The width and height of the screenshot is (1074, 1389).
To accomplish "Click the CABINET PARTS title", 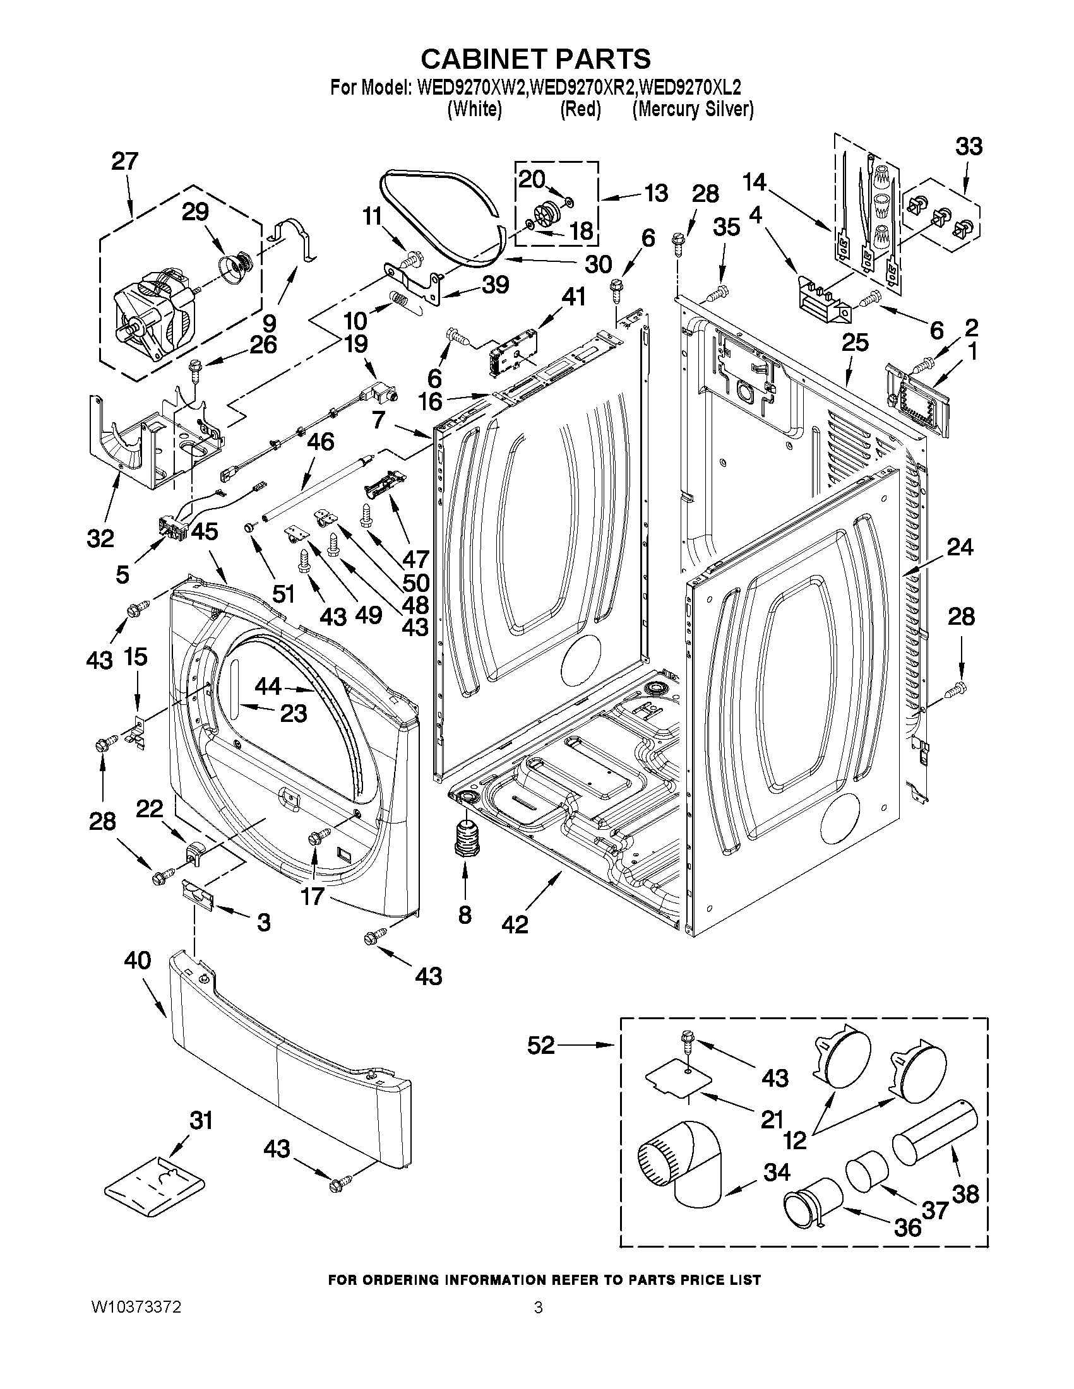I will pos(535,59).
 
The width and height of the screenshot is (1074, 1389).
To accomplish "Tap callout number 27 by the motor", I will pos(125,162).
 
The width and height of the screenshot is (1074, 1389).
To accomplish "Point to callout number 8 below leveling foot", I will pos(465,915).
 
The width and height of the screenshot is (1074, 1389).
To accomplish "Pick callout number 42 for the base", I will pos(515,924).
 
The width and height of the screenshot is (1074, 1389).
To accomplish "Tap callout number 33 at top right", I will pos(969,147).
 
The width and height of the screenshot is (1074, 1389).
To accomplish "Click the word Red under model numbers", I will pos(580,109).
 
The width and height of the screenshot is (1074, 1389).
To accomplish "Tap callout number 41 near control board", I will pos(574,297).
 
